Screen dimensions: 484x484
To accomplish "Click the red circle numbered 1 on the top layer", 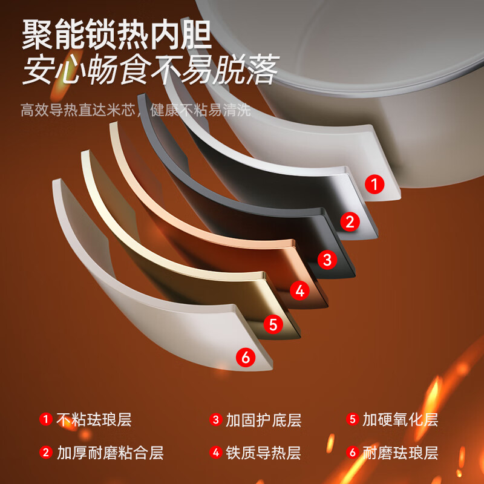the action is click(x=374, y=185).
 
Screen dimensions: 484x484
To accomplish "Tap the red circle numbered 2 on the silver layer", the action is click(x=350, y=221).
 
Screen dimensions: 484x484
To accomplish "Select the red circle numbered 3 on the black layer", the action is click(x=327, y=260).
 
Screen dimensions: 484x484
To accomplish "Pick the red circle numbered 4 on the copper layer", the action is click(x=299, y=290).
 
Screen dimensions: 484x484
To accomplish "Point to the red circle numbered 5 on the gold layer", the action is click(x=273, y=324).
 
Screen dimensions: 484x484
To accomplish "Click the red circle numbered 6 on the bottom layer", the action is click(x=246, y=358).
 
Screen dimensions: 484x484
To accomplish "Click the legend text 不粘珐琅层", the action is click(x=94, y=420).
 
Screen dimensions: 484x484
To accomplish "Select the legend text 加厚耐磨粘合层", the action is click(x=110, y=453).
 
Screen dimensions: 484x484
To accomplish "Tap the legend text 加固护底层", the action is click(x=264, y=420).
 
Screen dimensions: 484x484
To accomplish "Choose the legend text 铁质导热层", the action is click(x=263, y=453).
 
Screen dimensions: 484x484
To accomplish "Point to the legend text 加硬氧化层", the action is click(x=401, y=420).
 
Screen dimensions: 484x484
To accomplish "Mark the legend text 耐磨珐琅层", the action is click(x=401, y=453).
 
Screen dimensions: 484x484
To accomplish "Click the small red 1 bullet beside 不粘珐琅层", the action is click(x=46, y=419).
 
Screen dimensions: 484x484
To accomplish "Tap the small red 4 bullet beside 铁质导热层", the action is click(x=216, y=453).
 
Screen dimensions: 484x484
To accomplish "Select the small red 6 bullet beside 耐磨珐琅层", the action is click(x=353, y=453).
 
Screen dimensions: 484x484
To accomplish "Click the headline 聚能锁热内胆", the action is click(x=117, y=34).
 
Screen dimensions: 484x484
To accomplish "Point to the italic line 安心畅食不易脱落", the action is click(x=151, y=70).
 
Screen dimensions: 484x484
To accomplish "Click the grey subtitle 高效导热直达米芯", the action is click(x=78, y=110).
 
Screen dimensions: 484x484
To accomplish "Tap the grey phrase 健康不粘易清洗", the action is click(x=201, y=110).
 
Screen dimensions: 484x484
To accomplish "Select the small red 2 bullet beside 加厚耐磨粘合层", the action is click(x=46, y=453).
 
